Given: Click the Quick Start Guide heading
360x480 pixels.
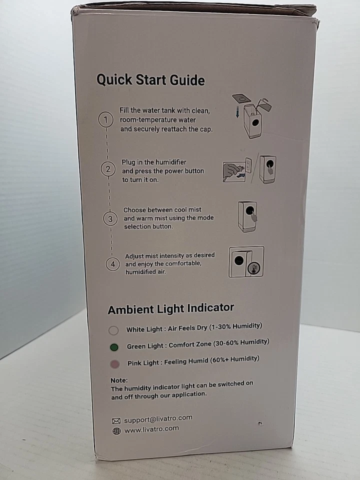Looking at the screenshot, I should (x=150, y=80).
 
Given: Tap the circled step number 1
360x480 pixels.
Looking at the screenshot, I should (x=105, y=120).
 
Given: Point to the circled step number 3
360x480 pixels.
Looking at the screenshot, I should (x=110, y=218).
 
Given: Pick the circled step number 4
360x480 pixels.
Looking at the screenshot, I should (x=112, y=265).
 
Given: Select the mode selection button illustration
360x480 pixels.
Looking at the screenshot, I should (x=247, y=216).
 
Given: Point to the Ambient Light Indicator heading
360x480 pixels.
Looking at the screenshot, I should (x=171, y=309).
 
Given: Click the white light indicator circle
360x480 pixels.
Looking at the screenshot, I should (x=113, y=330).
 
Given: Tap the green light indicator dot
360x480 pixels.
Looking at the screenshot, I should (x=114, y=347).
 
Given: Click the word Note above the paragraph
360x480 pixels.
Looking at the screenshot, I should (x=119, y=380).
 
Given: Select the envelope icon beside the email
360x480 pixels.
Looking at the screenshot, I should (x=116, y=420).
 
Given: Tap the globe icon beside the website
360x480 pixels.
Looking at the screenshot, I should (x=116, y=431).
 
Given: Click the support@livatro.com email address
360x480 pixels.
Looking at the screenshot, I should (x=158, y=419).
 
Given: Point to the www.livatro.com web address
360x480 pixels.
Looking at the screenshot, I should (x=151, y=429).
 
